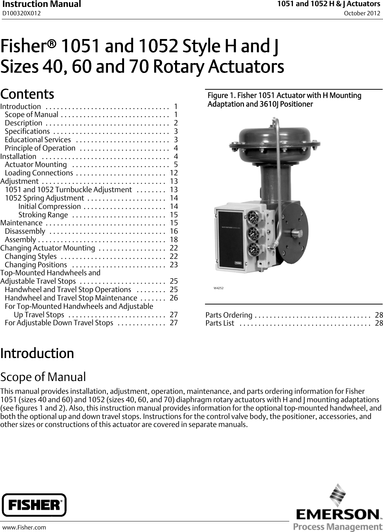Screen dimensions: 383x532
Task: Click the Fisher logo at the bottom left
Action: click(x=34, y=505)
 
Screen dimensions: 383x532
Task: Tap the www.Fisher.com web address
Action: click(x=24, y=527)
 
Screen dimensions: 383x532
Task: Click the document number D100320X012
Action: click(x=22, y=13)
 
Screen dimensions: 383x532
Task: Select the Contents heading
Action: click(x=27, y=94)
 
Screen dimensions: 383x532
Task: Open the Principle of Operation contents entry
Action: click(x=40, y=148)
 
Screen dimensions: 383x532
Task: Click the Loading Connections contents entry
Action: click(x=39, y=173)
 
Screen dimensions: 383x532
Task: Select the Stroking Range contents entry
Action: click(x=43, y=215)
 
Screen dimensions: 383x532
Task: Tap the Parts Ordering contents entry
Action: click(x=229, y=315)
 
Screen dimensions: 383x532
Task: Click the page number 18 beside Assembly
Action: click(x=174, y=240)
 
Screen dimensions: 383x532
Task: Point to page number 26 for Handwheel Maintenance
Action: click(x=174, y=298)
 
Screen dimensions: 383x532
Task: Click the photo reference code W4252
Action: click(x=218, y=288)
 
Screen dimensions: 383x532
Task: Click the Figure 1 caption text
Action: click(x=284, y=100)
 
